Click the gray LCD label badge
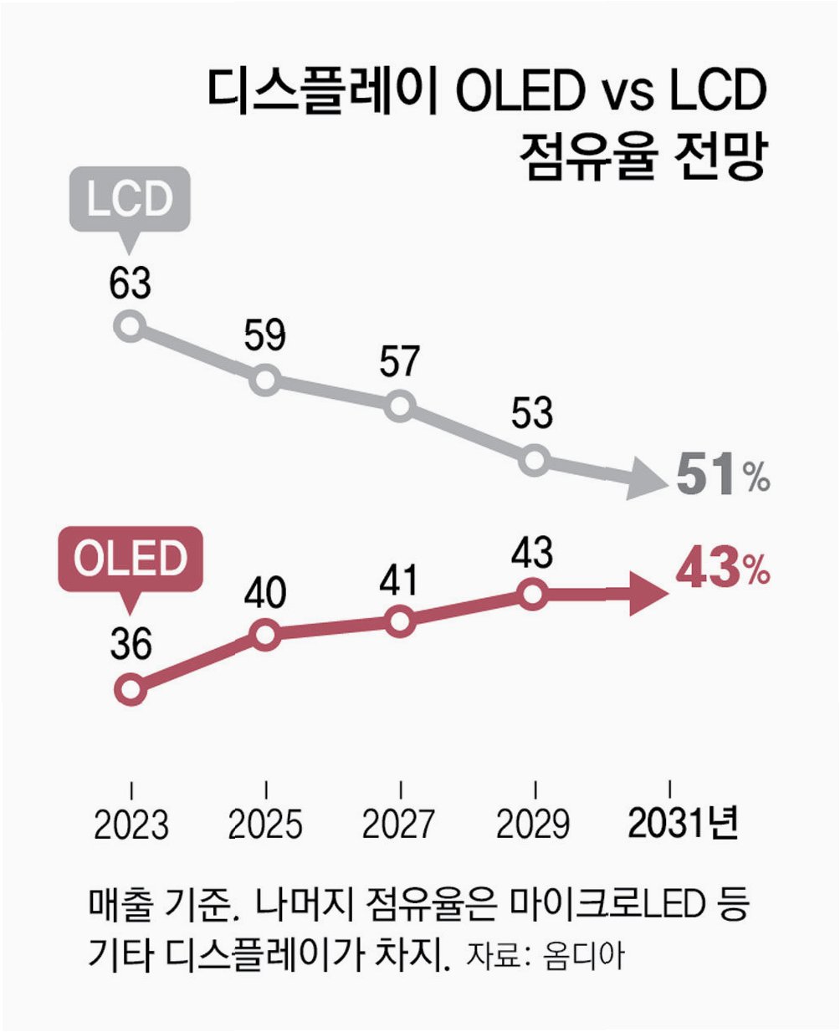pos(130,200)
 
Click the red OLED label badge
pos(130,559)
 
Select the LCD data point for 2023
pos(131,326)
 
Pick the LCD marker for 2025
pos(264,381)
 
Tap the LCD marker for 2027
pos(401,407)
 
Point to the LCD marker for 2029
pos(534,461)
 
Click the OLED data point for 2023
pos(131,690)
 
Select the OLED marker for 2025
pos(264,635)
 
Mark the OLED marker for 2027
pos(401,622)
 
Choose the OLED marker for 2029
pos(534,595)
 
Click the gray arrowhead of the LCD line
pos(648,480)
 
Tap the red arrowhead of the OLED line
pos(648,595)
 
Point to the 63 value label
pos(130,284)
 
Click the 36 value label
pos(130,646)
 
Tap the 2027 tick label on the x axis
pos(399,825)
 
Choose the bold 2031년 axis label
pos(683,825)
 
